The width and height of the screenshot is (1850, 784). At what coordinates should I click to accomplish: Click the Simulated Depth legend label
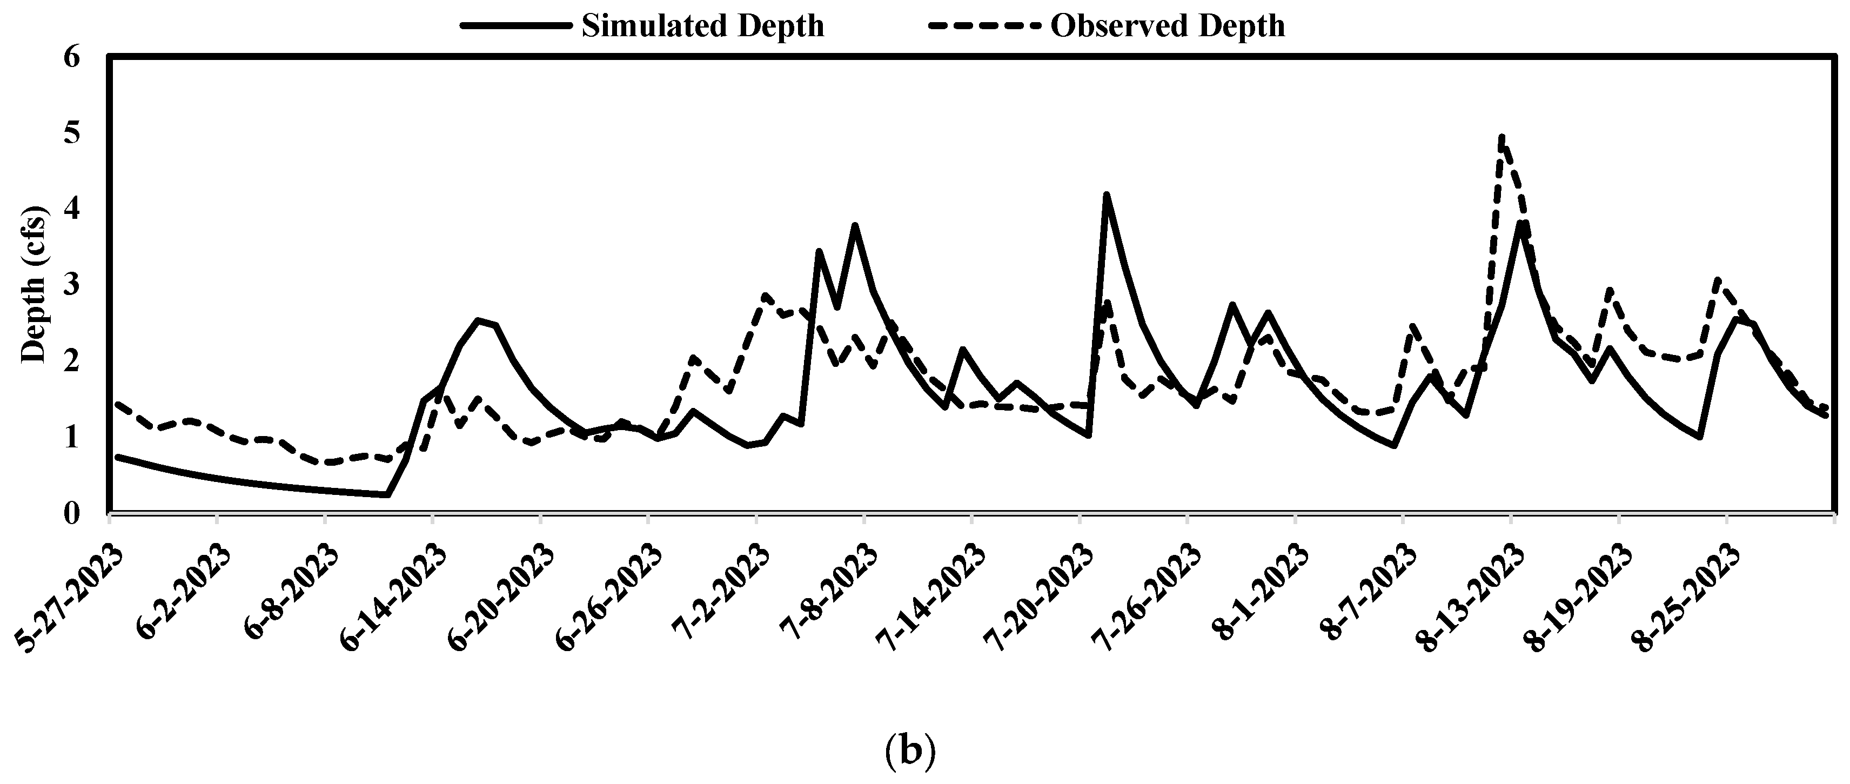coord(702,26)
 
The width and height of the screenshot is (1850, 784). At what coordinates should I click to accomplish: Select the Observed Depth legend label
coord(1168,26)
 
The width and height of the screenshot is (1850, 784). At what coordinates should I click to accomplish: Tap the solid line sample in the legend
coord(517,26)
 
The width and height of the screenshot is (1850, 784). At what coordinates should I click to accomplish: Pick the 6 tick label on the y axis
coord(72,57)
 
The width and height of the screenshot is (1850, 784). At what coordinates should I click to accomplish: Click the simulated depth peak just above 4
coord(1106,194)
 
